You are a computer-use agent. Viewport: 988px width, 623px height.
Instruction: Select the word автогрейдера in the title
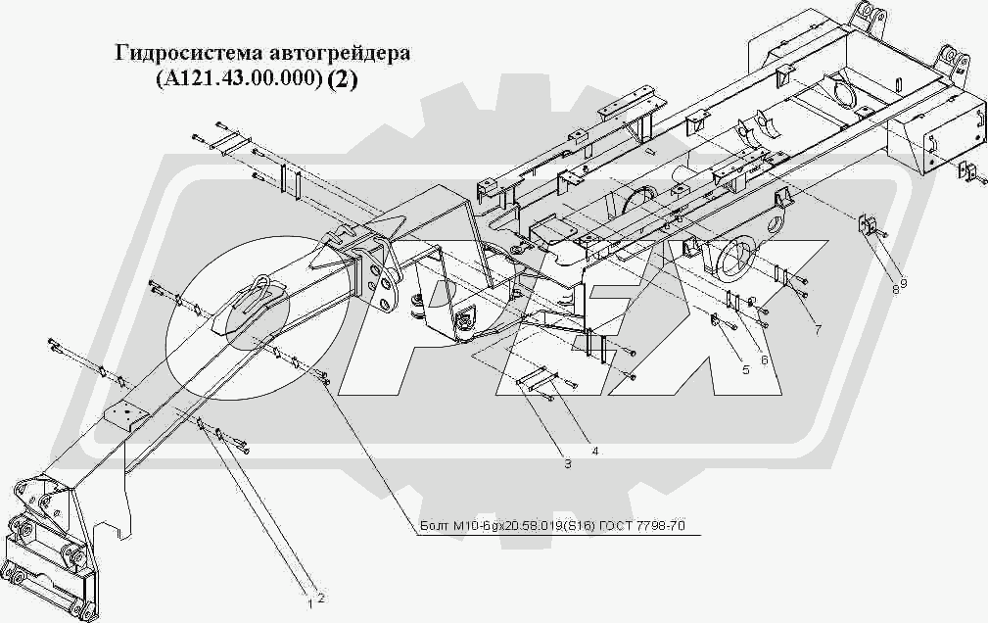(335, 53)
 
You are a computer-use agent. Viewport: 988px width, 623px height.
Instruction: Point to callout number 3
(566, 464)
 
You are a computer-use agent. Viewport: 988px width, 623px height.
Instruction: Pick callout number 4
(593, 451)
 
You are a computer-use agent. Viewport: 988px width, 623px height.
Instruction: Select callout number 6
(764, 359)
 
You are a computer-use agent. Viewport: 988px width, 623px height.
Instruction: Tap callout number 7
(817, 329)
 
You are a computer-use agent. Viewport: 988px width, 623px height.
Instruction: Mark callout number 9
(904, 283)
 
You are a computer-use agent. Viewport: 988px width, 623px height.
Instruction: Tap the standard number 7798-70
(663, 528)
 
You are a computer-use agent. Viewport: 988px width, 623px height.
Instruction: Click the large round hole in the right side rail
(738, 258)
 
